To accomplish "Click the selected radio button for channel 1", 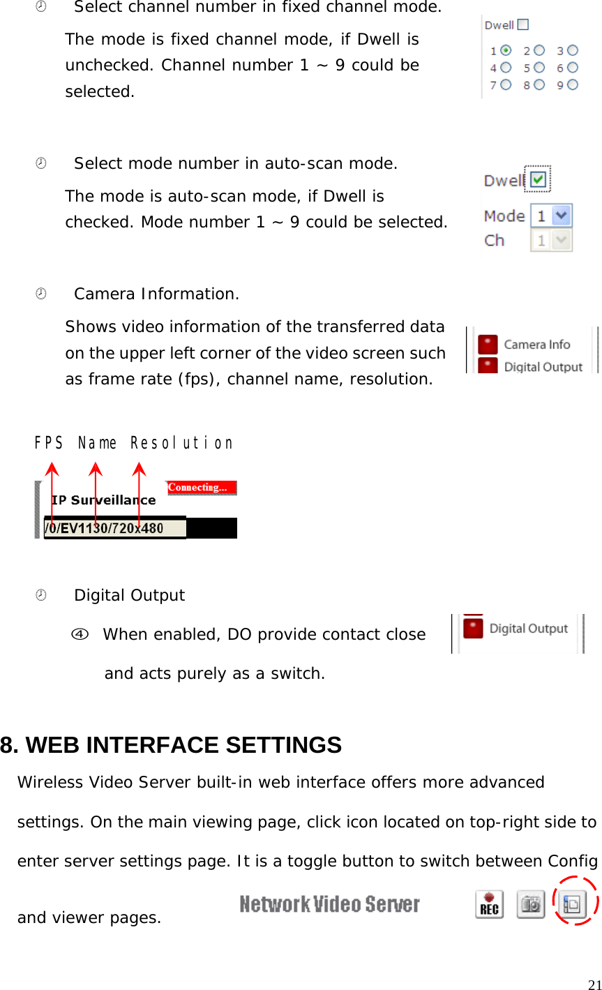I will pos(506,50).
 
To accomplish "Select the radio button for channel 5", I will pos(539,68).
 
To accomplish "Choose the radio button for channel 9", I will pos(573,84).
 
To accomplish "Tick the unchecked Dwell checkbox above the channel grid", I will pos(523,24).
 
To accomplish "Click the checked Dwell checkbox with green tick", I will pos(538,179).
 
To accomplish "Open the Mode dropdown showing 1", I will pos(551,216).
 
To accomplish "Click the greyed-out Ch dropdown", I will pos(551,241).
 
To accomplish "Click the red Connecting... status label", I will pos(202,488).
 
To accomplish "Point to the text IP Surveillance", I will pos(103,500).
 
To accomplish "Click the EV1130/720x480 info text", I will pos(112,528).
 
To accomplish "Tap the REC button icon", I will pos(490,905).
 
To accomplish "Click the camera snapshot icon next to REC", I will pos(531,905).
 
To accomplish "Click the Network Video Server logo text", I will pos(329,905).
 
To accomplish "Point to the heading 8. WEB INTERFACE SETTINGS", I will pos(171,745).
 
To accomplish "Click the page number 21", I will pos(594,984).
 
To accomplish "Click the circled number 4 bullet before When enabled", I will pos(80,634).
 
